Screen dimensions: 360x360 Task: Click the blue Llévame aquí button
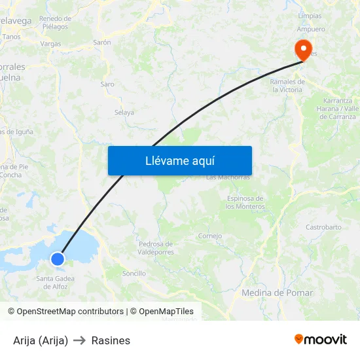point(179,160)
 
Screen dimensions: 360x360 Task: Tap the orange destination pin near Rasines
point(303,49)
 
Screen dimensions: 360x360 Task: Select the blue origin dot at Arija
point(58,259)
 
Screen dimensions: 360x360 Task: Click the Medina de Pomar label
point(277,293)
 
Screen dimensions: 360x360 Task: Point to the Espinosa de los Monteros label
point(244,202)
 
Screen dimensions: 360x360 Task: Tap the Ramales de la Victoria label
point(287,86)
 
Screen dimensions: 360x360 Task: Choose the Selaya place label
point(124,113)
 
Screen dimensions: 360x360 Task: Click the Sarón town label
point(102,42)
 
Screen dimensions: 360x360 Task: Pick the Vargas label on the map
point(50,44)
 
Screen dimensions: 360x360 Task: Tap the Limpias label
point(310,16)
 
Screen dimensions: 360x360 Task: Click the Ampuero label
point(311,29)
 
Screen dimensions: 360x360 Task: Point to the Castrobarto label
point(323,227)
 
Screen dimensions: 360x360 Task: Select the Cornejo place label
point(210,236)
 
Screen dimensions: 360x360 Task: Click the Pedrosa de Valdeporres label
point(156,248)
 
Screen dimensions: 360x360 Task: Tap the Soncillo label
point(134,273)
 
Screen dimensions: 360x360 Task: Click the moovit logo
point(321,340)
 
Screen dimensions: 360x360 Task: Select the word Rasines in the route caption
point(111,340)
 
